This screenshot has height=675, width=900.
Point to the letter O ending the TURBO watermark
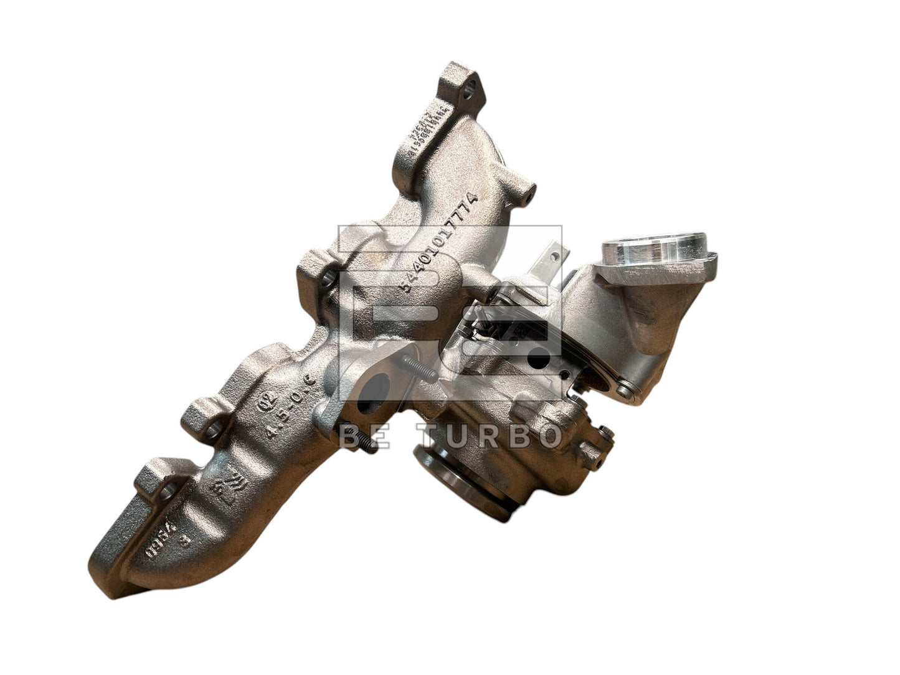(x=547, y=436)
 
